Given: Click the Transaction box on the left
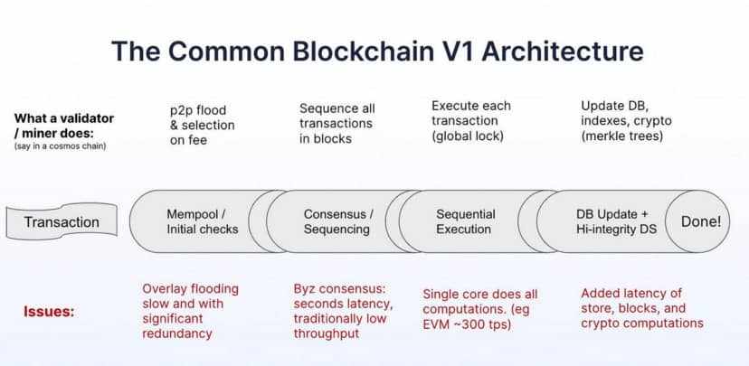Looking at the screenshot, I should [62, 221].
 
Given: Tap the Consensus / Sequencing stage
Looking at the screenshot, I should [337, 221].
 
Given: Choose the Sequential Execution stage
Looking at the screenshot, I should [465, 221].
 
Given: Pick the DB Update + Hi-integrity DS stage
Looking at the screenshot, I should [612, 221].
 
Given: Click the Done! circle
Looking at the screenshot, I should [700, 221].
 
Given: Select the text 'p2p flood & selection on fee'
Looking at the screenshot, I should [202, 125].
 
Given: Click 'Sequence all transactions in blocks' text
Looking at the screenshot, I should [337, 124].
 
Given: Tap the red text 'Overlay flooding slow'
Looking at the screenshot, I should [190, 297].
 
